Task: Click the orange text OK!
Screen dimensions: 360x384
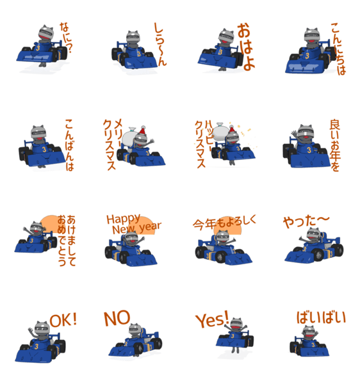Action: (63, 320)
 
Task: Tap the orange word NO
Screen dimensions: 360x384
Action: (117, 318)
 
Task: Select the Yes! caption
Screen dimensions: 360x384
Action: (212, 319)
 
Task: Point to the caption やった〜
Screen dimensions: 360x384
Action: (306, 221)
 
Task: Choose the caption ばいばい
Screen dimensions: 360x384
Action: (322, 317)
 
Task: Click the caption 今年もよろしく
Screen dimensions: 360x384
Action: (224, 222)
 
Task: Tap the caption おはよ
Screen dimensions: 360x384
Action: (246, 47)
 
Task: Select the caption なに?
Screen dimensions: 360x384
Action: (66, 38)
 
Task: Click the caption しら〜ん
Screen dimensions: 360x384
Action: (160, 44)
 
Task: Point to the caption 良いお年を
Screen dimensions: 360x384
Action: (335, 145)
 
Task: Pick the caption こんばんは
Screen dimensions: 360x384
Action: (69, 145)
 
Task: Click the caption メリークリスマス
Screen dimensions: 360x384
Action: (112, 144)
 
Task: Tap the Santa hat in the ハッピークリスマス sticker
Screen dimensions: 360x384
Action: (232, 129)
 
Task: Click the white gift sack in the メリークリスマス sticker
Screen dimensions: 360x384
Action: (129, 138)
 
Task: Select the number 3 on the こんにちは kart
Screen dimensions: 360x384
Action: (307, 56)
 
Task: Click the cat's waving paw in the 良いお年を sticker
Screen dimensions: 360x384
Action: (294, 134)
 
